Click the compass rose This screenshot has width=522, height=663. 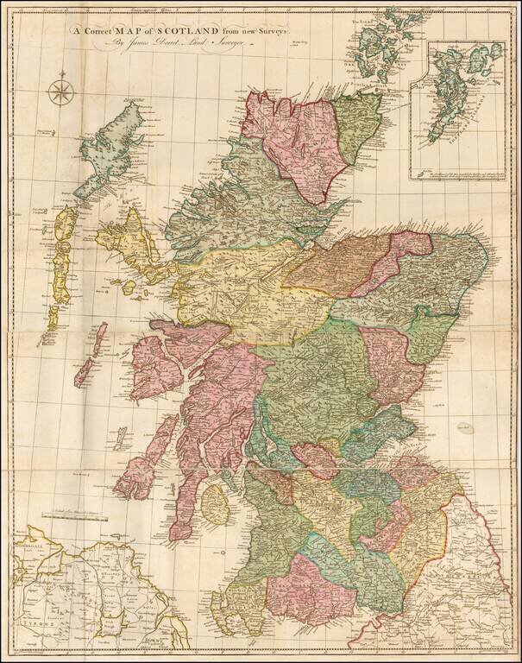[x=61, y=90]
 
